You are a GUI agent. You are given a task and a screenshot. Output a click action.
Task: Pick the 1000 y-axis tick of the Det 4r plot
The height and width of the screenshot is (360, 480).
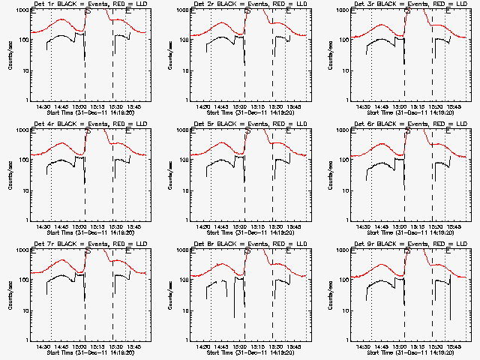pyautogui.click(x=24, y=130)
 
